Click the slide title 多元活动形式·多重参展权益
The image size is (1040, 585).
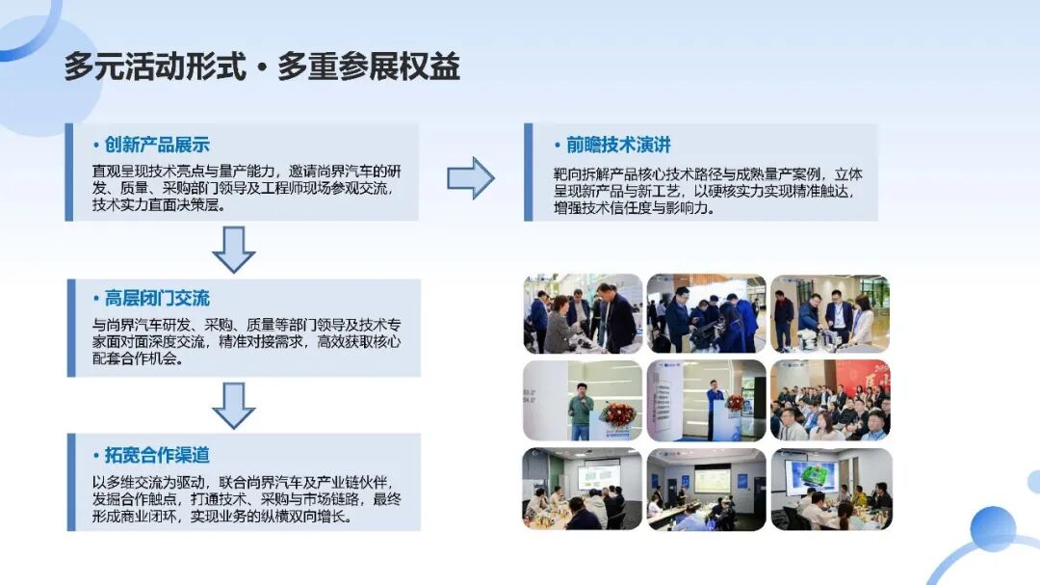click(262, 66)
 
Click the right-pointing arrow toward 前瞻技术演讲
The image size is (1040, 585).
click(471, 178)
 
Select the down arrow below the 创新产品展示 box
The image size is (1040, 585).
click(233, 250)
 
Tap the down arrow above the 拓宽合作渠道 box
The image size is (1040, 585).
click(233, 406)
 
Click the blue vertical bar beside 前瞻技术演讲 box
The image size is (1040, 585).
click(528, 172)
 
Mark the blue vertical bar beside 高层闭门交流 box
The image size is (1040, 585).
click(71, 328)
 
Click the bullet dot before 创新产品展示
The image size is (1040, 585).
click(96, 146)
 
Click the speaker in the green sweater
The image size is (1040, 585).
click(581, 411)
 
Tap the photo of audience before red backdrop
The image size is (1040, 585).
click(830, 400)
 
